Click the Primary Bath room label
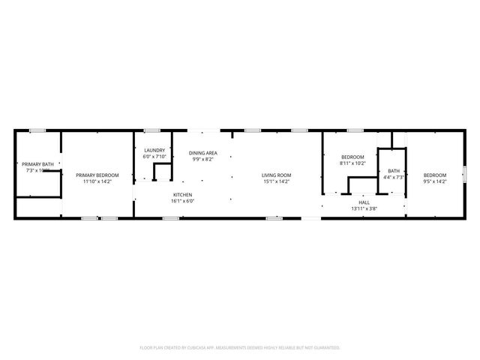pyautogui.click(x=37, y=164)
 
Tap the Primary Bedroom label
pyautogui.click(x=97, y=175)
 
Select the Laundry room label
pyautogui.click(x=154, y=150)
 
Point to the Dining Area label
pyautogui.click(x=202, y=153)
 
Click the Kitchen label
pyautogui.click(x=182, y=195)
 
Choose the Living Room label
pyautogui.click(x=276, y=175)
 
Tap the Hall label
pyautogui.click(x=364, y=202)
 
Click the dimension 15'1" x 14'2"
pyautogui.click(x=276, y=181)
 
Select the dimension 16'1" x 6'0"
pyautogui.click(x=182, y=201)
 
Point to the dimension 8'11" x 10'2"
pyautogui.click(x=352, y=163)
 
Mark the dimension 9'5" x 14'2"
pyautogui.click(x=435, y=181)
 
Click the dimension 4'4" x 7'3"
pyautogui.click(x=394, y=177)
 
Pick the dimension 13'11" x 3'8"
pyautogui.click(x=364, y=208)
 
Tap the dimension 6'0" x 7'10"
pyautogui.click(x=154, y=156)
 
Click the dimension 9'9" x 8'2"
pyautogui.click(x=202, y=159)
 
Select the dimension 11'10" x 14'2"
pyautogui.click(x=97, y=181)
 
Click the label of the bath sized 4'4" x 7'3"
pyautogui.click(x=394, y=171)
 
